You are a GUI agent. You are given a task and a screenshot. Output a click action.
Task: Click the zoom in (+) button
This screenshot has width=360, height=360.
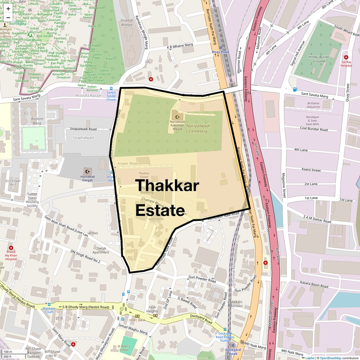(8, 9)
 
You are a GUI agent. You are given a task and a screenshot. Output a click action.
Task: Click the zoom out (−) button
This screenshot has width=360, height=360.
(8, 18)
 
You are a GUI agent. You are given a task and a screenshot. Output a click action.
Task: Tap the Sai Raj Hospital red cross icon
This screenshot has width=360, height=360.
(346, 57)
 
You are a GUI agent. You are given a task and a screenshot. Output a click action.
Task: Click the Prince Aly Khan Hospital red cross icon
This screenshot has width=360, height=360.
(11, 248)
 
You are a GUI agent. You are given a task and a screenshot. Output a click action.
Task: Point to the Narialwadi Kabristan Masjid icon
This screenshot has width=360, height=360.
(177, 117)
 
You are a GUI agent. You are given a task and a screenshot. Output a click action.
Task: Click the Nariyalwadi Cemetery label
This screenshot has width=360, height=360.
(198, 129)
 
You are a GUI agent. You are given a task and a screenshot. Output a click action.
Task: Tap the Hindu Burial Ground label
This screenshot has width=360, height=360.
(319, 59)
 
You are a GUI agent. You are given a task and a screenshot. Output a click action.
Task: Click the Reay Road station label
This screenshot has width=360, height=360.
(220, 52)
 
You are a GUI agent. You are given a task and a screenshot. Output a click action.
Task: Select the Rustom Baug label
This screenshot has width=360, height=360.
(37, 121)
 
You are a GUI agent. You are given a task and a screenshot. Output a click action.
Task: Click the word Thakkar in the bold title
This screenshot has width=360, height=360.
(167, 185)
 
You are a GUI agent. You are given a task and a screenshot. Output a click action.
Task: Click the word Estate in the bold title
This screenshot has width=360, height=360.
(160, 210)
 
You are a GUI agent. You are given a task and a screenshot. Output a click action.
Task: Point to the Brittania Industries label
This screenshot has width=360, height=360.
(313, 105)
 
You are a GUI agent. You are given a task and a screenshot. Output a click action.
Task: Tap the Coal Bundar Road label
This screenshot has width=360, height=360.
(314, 129)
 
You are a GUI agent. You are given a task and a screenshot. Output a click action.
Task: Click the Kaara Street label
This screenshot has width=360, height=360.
(311, 170)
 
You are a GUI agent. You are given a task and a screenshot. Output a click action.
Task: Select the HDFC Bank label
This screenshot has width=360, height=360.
(137, 320)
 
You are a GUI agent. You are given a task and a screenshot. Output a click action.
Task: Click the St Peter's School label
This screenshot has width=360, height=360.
(124, 348)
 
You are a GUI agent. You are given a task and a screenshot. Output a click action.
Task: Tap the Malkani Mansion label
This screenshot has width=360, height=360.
(236, 304)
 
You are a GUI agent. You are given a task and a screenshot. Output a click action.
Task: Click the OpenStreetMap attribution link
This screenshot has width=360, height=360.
(330, 358)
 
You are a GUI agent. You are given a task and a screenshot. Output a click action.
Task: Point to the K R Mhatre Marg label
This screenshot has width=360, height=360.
(180, 46)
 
